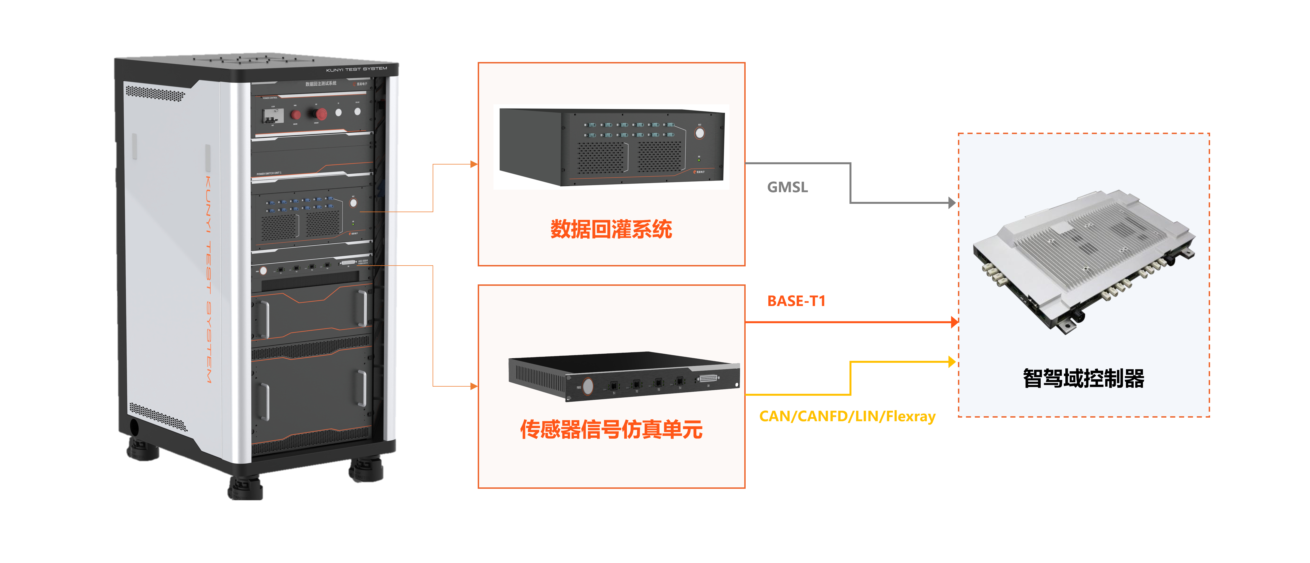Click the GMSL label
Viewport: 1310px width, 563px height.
coord(787,187)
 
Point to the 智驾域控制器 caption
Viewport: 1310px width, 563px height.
coord(1083,378)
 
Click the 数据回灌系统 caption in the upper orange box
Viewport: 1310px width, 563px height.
coord(611,229)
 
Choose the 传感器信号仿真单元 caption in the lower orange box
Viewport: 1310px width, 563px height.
coord(611,430)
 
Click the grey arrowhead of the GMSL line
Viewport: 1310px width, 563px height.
coord(952,203)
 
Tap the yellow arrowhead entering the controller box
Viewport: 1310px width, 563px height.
coord(952,362)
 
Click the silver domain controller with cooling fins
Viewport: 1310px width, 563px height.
coord(1083,259)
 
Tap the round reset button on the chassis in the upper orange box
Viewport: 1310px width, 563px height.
coord(700,133)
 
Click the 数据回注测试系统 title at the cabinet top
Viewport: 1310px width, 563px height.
coord(321,83)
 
